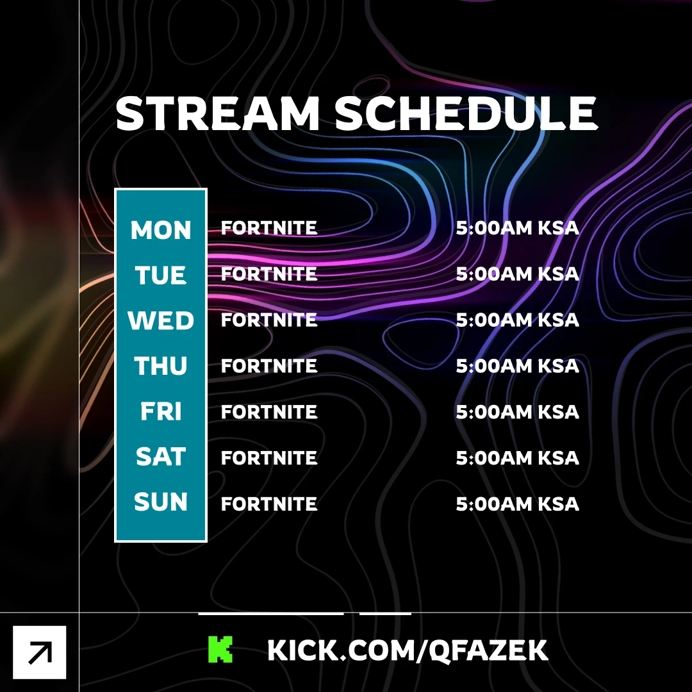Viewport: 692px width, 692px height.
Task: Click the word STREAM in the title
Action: tap(217, 113)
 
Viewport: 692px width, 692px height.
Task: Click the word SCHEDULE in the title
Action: tap(466, 113)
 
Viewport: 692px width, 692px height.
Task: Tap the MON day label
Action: tap(161, 230)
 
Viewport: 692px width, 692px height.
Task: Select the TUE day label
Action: tap(161, 276)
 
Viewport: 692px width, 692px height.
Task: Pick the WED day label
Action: tap(161, 320)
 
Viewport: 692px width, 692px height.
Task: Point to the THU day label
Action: tap(161, 366)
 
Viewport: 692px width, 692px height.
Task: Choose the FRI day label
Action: tap(161, 411)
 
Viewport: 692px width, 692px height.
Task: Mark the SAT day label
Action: tap(161, 456)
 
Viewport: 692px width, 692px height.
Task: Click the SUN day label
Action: tap(161, 502)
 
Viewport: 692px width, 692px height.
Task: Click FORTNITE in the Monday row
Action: tap(268, 228)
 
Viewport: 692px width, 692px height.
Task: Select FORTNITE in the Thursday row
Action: tap(268, 366)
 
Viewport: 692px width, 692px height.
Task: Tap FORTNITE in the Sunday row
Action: tap(268, 504)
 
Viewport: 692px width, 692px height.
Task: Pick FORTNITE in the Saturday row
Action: tap(268, 458)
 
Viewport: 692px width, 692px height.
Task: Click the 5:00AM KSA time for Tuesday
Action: tap(517, 274)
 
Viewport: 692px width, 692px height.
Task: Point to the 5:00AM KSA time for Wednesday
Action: tap(517, 320)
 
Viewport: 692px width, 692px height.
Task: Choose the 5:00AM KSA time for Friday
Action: tap(517, 412)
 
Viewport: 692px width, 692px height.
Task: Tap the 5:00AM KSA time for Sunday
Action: tap(517, 504)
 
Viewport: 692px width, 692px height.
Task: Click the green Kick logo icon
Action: tap(220, 649)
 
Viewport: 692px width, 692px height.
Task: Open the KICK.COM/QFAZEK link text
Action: tap(408, 650)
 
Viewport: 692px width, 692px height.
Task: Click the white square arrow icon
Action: tap(39, 652)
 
